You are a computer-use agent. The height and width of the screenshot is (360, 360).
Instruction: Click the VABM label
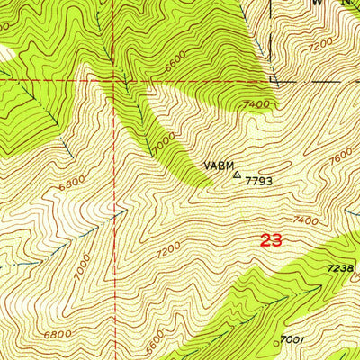point(217,166)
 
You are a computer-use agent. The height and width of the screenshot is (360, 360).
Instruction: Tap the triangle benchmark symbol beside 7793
point(237,176)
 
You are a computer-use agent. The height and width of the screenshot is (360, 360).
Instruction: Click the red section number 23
point(273,240)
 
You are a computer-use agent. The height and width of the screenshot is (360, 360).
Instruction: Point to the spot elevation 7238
point(340,269)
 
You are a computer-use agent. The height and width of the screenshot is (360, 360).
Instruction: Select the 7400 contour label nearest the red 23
point(306,220)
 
